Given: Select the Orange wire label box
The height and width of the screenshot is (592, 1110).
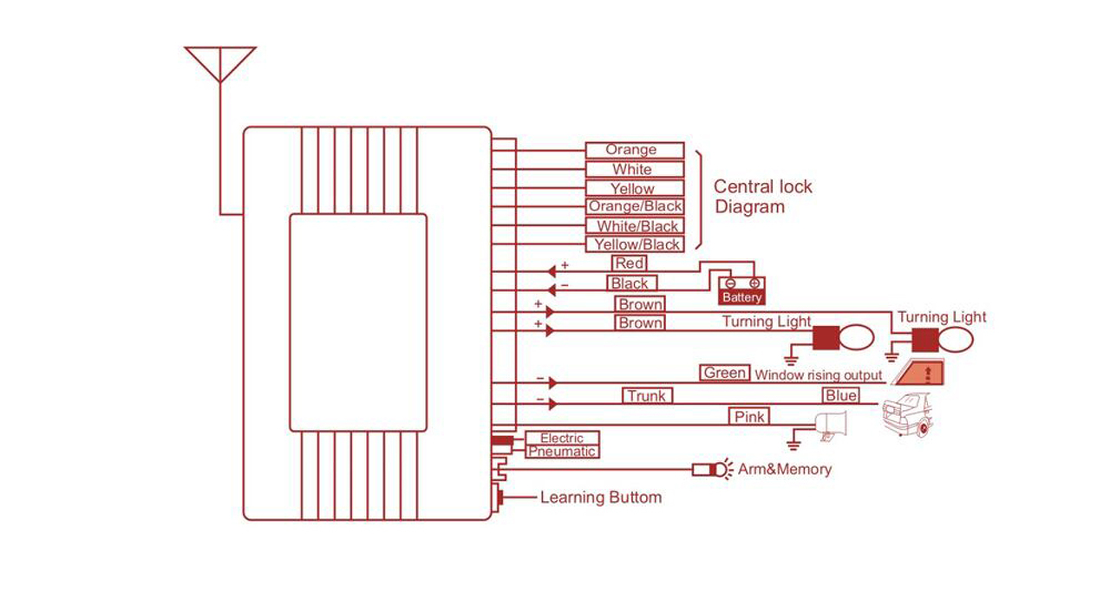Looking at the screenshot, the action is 634,150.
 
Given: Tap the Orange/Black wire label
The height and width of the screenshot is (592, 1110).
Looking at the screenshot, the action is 634,206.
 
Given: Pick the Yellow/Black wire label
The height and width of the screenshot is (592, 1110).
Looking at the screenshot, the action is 634,244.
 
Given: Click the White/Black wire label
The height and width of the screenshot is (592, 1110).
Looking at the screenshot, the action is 634,226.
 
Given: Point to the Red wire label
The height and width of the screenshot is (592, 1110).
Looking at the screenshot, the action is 630,263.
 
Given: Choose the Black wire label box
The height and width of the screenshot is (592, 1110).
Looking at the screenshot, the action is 632,283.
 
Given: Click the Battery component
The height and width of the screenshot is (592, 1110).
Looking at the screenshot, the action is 741,290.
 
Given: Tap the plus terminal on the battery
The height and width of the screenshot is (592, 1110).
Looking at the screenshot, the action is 754,283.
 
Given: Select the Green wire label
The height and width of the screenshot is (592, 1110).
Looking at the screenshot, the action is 724,373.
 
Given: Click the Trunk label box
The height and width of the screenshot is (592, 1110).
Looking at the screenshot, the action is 647,396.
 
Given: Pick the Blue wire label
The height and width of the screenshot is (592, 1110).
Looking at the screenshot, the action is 841,395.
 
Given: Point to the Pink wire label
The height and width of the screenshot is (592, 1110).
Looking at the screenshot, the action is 749,417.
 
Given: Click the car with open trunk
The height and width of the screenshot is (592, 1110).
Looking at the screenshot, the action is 908,414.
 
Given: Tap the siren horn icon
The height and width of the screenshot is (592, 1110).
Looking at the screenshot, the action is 831,426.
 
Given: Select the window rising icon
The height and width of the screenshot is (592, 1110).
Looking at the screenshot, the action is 917,373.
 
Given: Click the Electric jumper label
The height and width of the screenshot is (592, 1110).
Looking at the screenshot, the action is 562,438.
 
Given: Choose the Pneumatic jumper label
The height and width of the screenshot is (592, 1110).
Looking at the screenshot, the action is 562,452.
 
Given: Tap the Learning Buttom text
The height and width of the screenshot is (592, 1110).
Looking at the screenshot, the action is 601,498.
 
